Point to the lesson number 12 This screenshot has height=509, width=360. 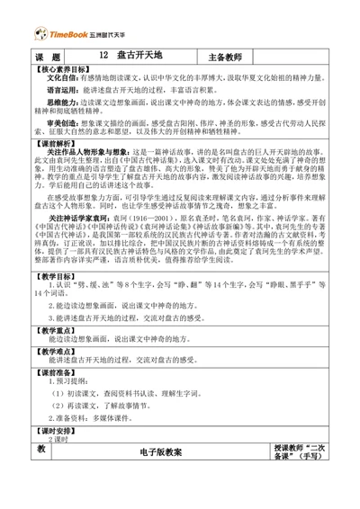pos(105,56)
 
